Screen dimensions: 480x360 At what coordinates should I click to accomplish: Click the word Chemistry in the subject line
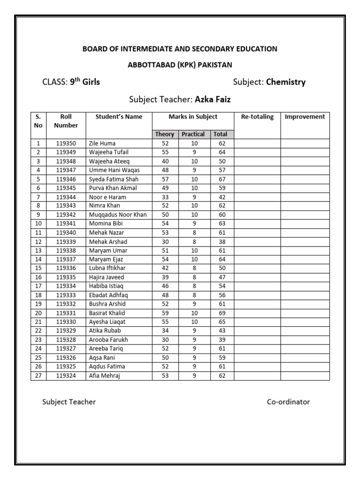coord(285,82)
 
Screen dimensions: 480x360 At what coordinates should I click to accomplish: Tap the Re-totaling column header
coord(257,117)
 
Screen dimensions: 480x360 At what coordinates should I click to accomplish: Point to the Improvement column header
coord(305,117)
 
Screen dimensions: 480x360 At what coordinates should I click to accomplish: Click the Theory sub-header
coord(165,134)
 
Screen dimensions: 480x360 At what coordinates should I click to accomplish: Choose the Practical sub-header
coord(193,134)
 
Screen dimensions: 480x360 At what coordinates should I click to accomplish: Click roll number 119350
coord(66,143)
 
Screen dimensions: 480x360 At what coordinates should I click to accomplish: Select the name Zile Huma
coord(102,143)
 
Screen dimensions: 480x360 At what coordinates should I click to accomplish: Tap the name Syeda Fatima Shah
coord(113,179)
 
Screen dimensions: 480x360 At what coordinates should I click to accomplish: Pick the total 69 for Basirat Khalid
coord(222,313)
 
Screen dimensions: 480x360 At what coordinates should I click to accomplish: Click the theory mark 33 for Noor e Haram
coord(165,197)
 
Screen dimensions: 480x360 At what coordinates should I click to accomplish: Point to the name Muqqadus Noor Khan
coord(118,215)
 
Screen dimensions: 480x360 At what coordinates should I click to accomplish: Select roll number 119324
coord(66,375)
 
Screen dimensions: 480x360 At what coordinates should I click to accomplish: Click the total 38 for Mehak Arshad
coord(222,242)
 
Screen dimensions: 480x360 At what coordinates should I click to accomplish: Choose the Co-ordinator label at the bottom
coord(288,402)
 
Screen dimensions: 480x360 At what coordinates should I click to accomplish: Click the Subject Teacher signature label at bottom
coord(69,402)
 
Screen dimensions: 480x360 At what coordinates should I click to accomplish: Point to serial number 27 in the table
coord(38,375)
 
